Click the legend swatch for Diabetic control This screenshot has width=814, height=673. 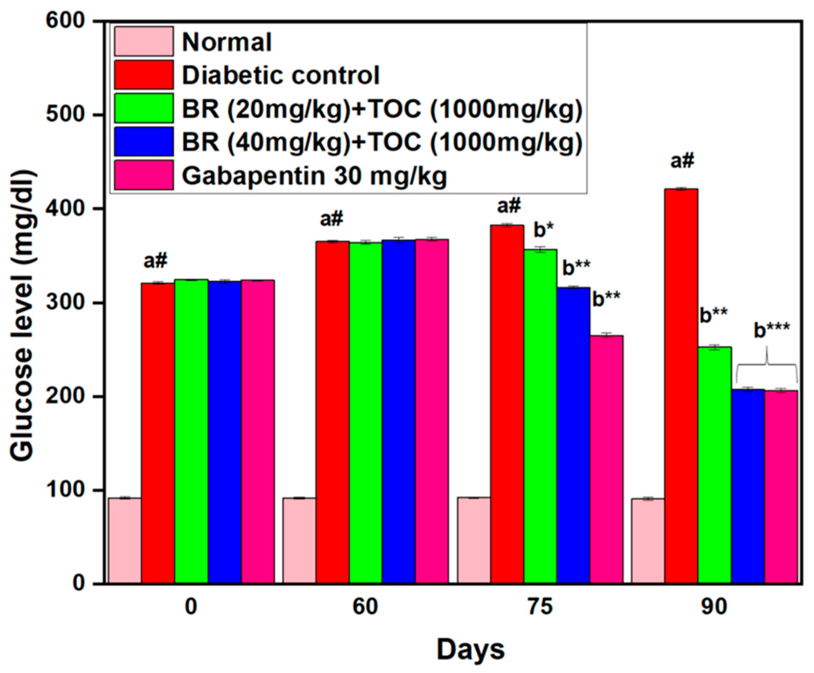click(x=144, y=75)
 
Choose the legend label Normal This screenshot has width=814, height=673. click(x=227, y=41)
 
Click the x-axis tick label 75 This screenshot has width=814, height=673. click(x=540, y=607)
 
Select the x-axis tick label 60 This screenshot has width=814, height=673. click(x=365, y=607)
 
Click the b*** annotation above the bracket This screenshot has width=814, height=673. click(x=772, y=332)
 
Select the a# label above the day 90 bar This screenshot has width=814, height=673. click(x=682, y=161)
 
